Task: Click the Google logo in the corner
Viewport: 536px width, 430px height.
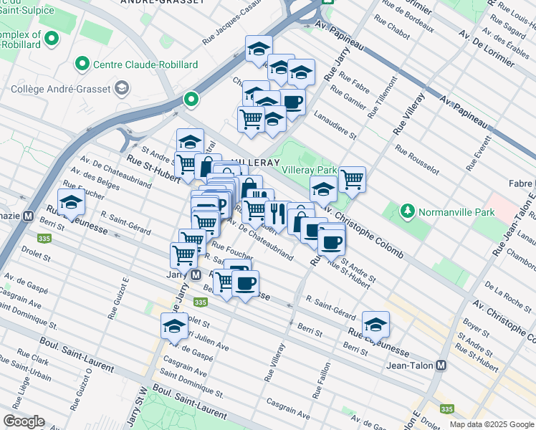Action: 24,421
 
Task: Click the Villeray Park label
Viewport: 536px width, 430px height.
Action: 309,171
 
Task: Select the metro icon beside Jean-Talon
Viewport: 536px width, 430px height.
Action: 441,365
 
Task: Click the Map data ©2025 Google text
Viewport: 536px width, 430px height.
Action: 491,424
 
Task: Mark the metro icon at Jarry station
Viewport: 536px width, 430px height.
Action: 194,274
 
